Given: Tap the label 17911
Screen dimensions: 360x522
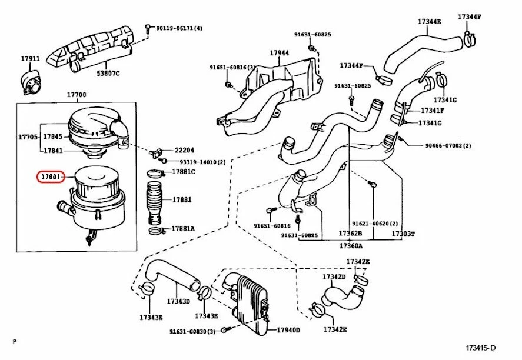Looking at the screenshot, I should coord(30,59).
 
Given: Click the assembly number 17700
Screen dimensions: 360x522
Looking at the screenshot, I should coord(77,95).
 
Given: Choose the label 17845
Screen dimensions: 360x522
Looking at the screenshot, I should coord(52,136).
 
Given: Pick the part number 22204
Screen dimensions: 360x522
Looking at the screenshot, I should coord(184,151).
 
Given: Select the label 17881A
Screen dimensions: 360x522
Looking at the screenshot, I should coord(183,228).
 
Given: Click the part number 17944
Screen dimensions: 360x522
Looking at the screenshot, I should coord(280,53).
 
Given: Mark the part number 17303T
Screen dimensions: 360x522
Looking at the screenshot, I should coord(403,234).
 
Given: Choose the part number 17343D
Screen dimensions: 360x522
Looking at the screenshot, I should coord(178,301).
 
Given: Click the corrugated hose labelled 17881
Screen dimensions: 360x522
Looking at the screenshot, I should coord(155,200).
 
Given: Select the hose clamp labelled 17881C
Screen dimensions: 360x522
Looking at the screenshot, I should coord(154,173).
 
